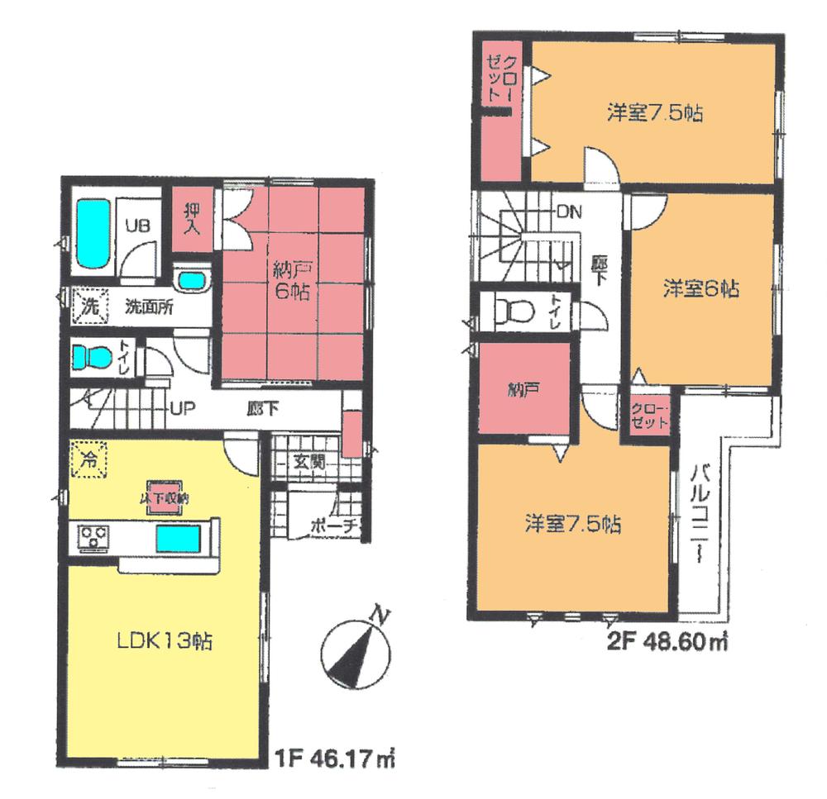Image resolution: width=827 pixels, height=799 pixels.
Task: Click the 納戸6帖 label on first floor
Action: tap(289, 281)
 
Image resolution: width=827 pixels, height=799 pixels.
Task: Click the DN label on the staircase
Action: tap(569, 211)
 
